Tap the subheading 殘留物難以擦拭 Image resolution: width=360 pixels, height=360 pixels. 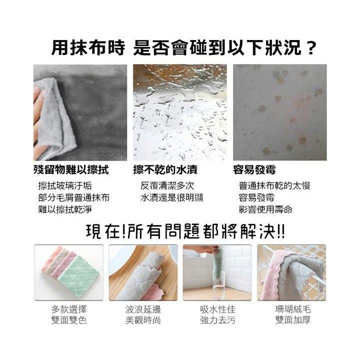pos(71,169)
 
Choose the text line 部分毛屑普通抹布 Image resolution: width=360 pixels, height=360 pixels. pos(74,197)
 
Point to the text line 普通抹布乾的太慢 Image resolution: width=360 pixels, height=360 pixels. pos(274,185)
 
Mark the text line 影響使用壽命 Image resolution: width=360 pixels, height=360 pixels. pos(265,209)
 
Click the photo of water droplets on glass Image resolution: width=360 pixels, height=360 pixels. pos(179,112)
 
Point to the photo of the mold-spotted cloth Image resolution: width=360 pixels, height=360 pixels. pos(279,112)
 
